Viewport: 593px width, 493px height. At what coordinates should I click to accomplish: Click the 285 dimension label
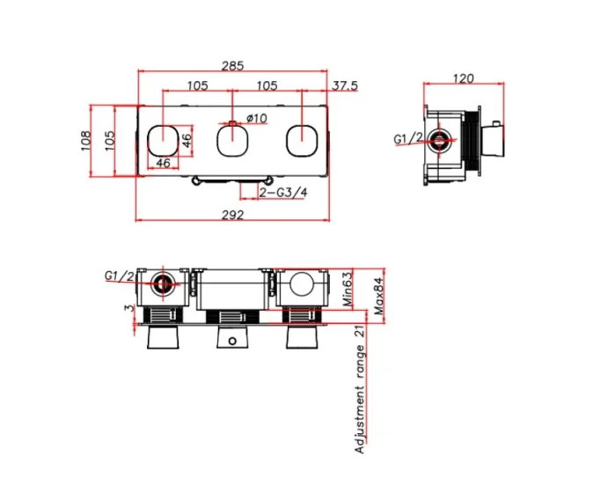point(233,66)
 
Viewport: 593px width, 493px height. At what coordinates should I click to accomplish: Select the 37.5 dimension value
point(345,85)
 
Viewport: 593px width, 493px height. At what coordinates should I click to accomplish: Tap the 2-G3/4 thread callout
point(283,191)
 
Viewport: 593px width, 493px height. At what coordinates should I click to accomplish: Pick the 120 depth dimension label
point(463,77)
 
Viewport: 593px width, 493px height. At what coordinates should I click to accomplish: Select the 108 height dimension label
point(86,142)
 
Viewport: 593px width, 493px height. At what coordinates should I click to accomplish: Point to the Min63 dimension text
point(347,289)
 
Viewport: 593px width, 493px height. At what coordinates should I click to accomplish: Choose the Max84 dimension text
point(378,298)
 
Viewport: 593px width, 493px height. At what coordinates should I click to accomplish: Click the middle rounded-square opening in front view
point(233,138)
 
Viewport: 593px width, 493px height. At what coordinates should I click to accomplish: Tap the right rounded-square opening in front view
point(303,138)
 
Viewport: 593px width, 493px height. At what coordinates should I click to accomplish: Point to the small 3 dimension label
point(129,307)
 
